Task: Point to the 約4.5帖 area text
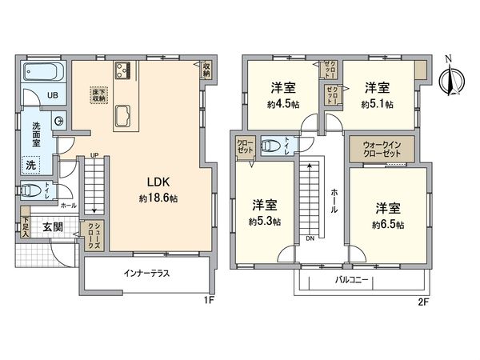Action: (284, 103)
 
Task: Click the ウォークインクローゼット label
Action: (381, 150)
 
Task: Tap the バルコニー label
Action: (351, 282)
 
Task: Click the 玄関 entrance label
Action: (54, 226)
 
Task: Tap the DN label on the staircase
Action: (310, 237)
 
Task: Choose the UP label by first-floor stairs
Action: (95, 155)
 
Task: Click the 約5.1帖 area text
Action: (377, 103)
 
